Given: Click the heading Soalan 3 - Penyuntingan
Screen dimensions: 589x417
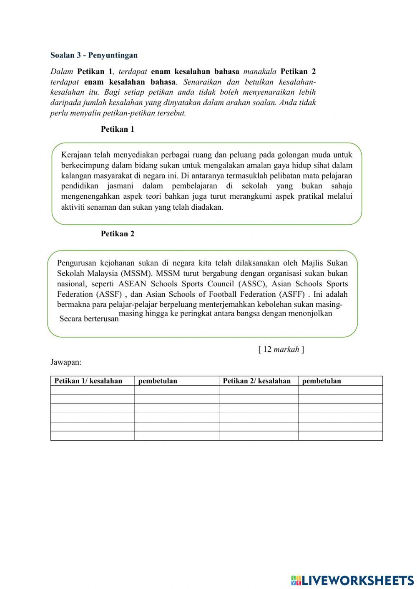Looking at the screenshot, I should coord(94,55).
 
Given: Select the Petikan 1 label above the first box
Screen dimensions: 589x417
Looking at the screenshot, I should coord(118,129).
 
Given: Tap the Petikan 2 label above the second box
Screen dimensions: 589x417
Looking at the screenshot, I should coord(118,234).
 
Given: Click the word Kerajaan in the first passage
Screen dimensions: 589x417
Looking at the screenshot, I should coord(76,155).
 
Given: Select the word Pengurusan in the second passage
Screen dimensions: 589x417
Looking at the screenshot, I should coord(76,263).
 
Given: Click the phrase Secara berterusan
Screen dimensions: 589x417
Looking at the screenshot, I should coord(89,319).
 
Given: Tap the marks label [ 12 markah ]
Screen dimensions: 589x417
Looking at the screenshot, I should coord(281,349).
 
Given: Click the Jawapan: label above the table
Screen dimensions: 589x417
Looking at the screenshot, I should coord(66,362).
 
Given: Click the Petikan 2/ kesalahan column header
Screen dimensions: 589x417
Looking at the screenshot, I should coord(256,381).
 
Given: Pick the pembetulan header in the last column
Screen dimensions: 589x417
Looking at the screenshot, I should coord(322,381).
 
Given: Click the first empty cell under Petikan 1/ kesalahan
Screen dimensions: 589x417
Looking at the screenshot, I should coord(92,390).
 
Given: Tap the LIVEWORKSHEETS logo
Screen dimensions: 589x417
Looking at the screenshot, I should coord(352,580).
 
